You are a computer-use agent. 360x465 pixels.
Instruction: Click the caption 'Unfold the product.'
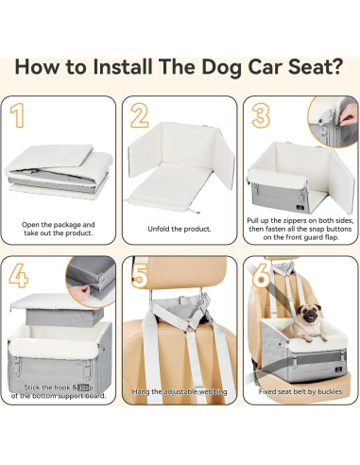coord(180,228)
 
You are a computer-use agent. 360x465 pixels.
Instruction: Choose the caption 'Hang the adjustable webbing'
coord(180,417)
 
